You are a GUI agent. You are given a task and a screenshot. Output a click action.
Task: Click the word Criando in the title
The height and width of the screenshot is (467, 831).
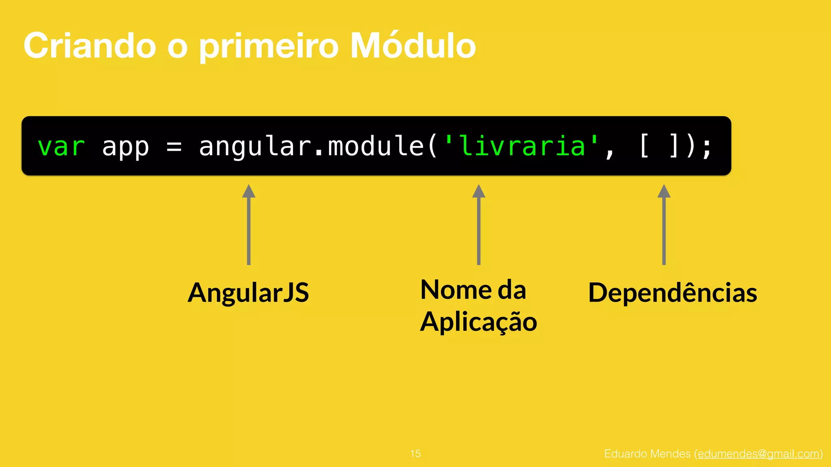tap(90, 45)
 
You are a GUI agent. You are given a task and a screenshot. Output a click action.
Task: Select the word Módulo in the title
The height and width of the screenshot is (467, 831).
tap(413, 45)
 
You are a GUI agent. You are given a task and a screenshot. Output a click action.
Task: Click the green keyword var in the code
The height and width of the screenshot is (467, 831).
tap(61, 147)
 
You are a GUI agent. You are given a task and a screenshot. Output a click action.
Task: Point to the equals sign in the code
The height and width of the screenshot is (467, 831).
tap(174, 147)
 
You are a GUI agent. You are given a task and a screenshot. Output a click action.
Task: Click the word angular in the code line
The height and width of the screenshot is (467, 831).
tap(254, 147)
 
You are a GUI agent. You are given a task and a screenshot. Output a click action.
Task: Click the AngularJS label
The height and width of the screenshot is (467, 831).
tap(248, 292)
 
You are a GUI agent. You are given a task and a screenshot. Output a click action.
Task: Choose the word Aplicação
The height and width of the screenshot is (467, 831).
tap(478, 322)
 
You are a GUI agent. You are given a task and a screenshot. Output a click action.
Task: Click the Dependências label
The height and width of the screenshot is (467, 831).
tap(672, 292)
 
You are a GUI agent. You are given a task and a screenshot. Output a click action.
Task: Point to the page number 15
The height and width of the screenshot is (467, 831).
tap(415, 454)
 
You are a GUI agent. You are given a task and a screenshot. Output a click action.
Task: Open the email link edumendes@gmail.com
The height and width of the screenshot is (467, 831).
tap(758, 454)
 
